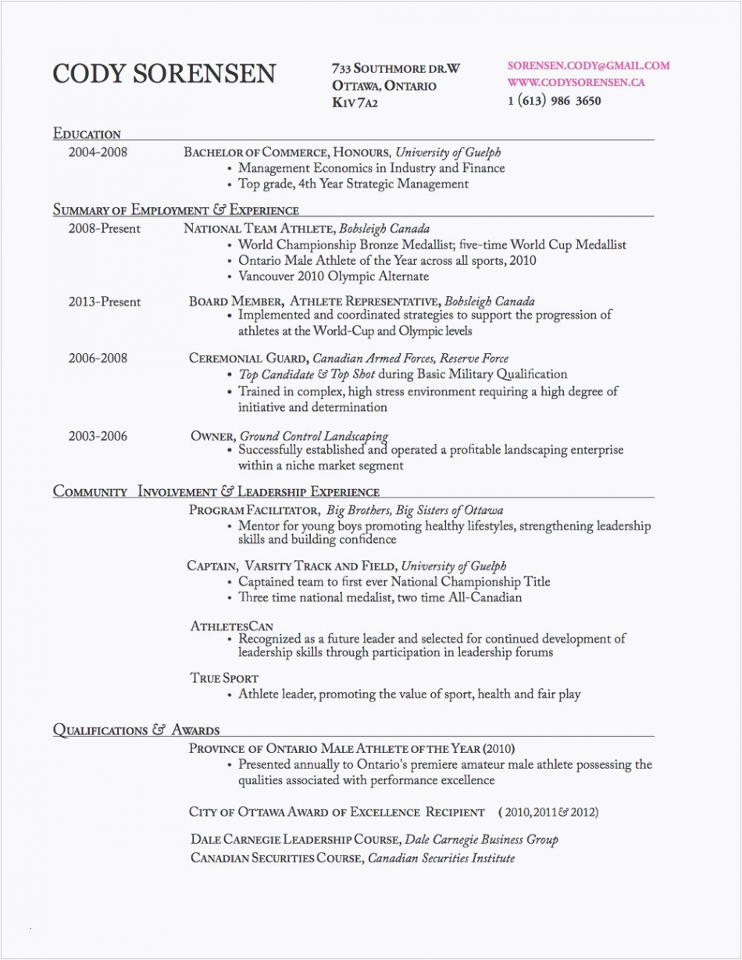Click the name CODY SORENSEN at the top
click(163, 73)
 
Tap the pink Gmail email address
click(588, 66)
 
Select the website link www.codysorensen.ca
click(576, 82)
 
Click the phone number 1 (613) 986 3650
click(554, 101)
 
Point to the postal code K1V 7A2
click(355, 102)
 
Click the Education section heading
click(87, 134)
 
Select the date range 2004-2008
click(97, 152)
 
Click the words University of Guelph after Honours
click(448, 152)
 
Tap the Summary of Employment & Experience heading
click(176, 209)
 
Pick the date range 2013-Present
click(105, 302)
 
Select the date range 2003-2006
click(97, 436)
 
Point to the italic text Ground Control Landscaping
click(313, 436)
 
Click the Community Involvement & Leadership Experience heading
click(216, 491)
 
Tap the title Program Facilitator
click(254, 510)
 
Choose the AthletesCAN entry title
click(231, 626)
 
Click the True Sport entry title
click(223, 678)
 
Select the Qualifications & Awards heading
click(136, 730)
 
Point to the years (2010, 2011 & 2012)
click(548, 812)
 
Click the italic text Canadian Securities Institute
click(441, 858)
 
